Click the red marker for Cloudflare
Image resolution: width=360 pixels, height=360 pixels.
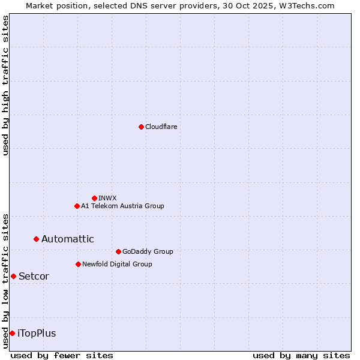coord(141,127)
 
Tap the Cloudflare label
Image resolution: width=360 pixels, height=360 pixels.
coord(161,127)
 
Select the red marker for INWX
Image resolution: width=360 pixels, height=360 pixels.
coord(94,198)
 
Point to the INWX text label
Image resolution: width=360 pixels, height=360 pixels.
coord(108,198)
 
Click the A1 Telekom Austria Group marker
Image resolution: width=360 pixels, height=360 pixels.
coord(77,206)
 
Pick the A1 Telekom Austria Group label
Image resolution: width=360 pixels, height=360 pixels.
coord(122,206)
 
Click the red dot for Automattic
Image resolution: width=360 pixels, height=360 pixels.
coord(36,239)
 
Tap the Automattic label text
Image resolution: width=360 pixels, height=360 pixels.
coord(68,239)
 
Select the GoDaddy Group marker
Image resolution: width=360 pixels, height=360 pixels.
coord(118,251)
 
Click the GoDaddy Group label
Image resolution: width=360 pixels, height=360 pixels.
coord(148,251)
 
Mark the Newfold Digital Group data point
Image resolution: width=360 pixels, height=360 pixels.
coord(78,264)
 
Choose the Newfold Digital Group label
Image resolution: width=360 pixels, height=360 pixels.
coord(117,264)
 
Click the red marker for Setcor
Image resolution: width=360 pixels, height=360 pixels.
coord(13,276)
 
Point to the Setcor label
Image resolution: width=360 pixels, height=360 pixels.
coord(34,276)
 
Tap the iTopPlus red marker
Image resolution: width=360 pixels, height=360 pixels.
coord(12,333)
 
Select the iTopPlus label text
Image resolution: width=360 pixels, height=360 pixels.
coord(37,333)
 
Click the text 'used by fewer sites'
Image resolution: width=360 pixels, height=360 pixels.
coord(62,355)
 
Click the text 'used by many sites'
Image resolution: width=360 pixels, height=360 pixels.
coord(301,355)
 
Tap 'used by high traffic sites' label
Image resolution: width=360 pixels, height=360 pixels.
coord(5,85)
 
